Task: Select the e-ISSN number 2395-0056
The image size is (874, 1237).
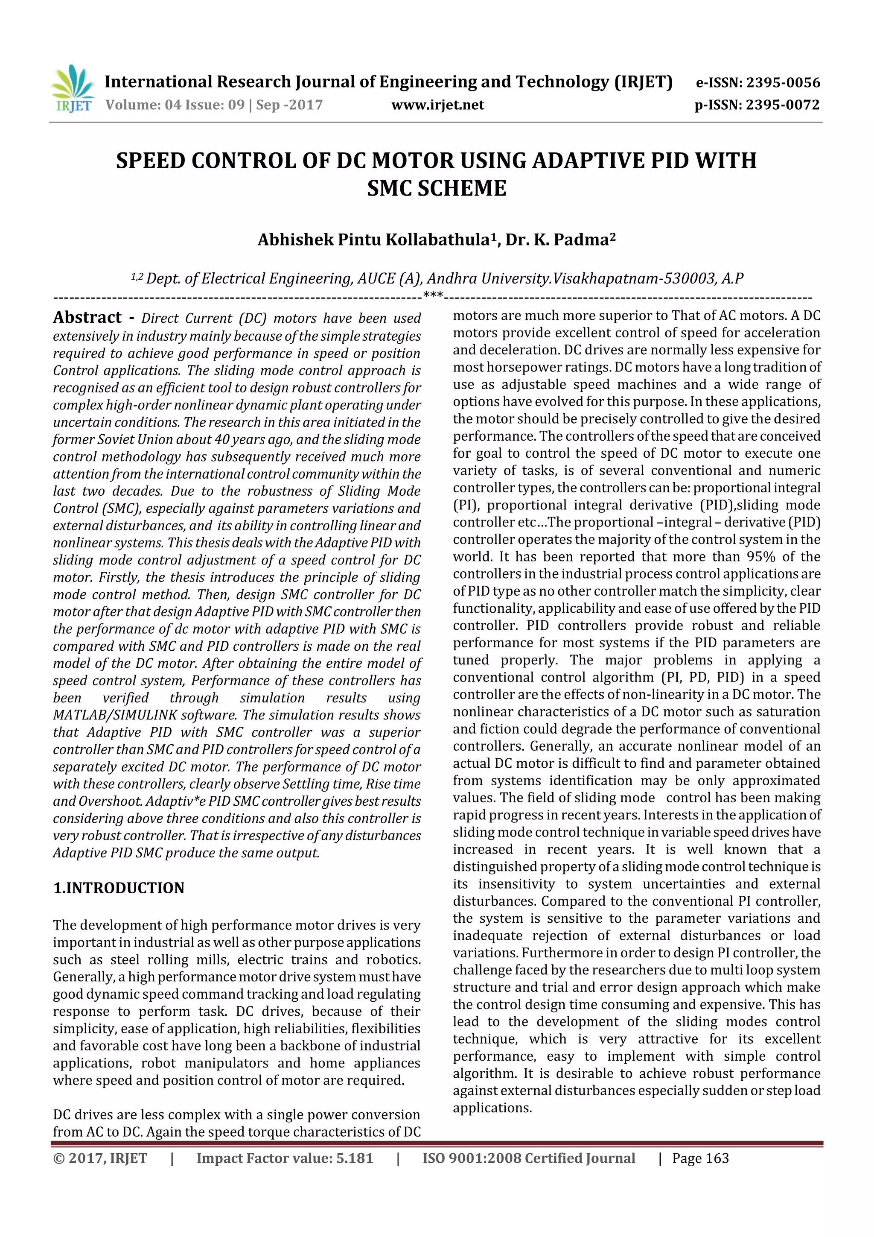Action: click(782, 82)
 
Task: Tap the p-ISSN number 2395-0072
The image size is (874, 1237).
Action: click(782, 105)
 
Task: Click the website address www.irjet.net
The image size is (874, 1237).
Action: click(437, 105)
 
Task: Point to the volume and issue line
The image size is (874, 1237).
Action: click(214, 105)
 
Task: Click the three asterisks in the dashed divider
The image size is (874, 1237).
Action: click(433, 295)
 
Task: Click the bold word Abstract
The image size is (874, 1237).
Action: click(87, 317)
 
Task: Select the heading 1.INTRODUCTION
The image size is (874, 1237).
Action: click(119, 888)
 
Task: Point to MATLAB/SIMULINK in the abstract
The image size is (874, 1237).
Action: click(115, 715)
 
